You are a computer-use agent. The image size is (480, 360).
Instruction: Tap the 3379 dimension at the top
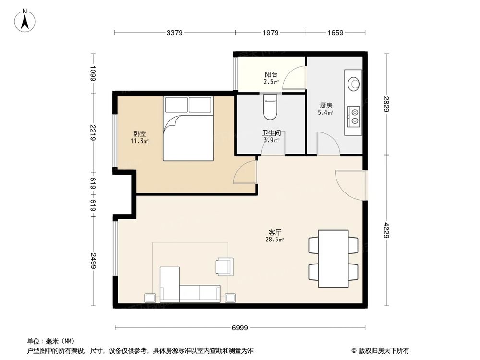[174, 33]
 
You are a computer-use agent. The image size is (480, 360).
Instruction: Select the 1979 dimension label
[270, 33]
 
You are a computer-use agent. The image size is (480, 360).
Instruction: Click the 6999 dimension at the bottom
[240, 328]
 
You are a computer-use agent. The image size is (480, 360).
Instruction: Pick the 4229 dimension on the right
[387, 230]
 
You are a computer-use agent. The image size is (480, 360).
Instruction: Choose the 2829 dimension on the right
[387, 104]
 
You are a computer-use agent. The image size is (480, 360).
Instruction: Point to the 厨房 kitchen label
[326, 106]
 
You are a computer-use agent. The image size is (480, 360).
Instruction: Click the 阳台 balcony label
[271, 74]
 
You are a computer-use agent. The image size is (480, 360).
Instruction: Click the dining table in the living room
[333, 258]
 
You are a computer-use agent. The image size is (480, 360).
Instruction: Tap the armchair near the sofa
[224, 266]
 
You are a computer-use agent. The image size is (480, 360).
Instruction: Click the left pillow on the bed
[176, 105]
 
